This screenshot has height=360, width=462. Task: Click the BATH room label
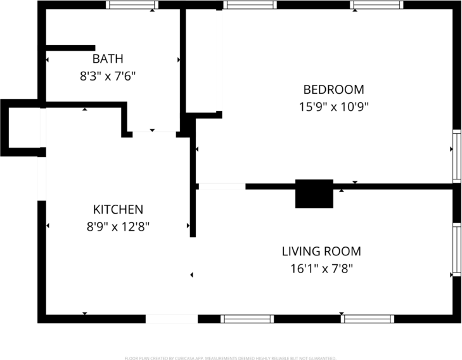(108, 59)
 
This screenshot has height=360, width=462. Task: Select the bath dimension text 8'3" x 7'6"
(108, 75)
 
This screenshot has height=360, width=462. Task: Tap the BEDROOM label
(333, 89)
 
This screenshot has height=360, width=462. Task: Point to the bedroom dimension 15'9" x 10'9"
(333, 106)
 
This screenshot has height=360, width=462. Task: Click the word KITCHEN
(118, 210)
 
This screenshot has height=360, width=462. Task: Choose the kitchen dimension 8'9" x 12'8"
(118, 226)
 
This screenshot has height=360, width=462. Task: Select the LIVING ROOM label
(321, 252)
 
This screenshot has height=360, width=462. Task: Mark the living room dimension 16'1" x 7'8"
(321, 268)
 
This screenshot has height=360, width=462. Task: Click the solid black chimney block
(314, 193)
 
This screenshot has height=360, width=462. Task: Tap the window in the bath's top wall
(132, 5)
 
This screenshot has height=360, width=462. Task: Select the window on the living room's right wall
(456, 249)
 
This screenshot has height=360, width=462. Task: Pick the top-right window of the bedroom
(377, 5)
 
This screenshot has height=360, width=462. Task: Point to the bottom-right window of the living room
(368, 319)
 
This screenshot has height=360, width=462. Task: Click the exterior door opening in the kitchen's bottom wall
(171, 319)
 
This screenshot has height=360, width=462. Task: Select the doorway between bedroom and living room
(221, 186)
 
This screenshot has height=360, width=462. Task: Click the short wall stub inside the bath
(70, 48)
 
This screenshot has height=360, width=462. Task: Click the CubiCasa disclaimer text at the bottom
(231, 357)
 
